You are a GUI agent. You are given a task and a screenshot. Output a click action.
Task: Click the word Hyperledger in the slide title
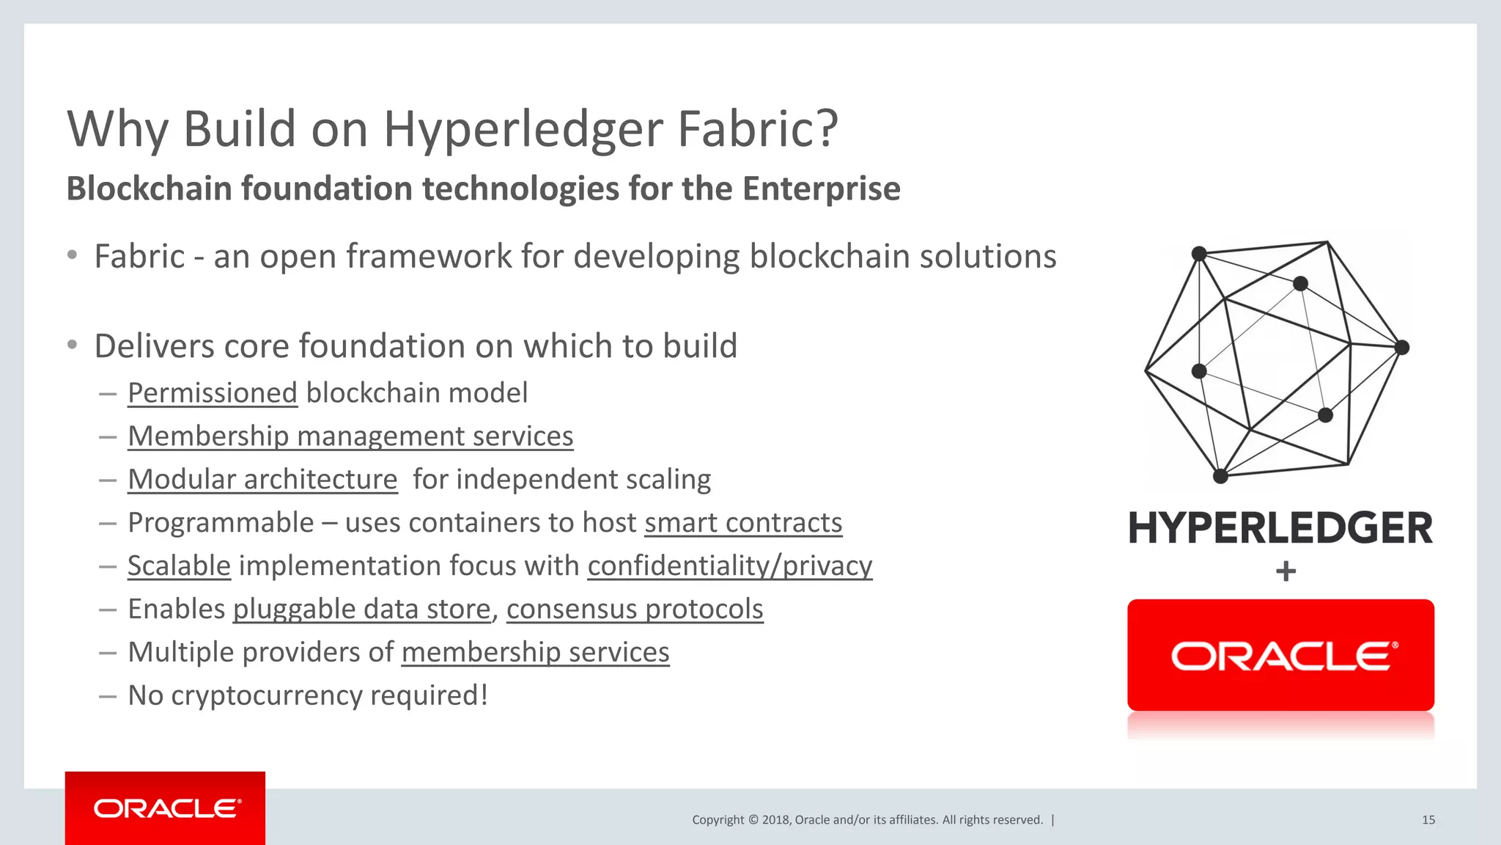(524, 130)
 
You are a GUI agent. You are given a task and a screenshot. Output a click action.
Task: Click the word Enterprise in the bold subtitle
(821, 189)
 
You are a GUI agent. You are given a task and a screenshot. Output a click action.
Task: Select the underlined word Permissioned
(212, 393)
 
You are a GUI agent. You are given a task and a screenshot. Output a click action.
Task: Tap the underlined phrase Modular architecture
(262, 480)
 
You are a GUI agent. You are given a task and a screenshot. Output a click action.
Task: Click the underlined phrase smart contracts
(743, 523)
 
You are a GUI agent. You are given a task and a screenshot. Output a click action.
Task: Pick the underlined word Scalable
(179, 566)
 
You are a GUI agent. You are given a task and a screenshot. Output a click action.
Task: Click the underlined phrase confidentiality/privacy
(729, 566)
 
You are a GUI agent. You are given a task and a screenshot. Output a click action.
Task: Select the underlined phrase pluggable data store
(361, 610)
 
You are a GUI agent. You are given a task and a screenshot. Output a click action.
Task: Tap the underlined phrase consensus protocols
(635, 610)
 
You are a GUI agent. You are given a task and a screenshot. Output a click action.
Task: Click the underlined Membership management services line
(350, 436)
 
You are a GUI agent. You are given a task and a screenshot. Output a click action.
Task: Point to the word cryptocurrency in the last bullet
(266, 695)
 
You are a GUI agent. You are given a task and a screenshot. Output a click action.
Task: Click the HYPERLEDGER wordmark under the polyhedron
(1280, 529)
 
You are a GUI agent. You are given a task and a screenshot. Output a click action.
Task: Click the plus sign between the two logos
(1286, 571)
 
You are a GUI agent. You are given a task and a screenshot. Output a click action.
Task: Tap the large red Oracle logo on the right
(1280, 656)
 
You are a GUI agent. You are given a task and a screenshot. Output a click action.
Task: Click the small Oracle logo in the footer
(166, 808)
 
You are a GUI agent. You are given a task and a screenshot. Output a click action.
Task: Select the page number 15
(1428, 820)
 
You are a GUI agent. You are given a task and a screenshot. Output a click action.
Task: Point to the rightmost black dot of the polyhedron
(1401, 348)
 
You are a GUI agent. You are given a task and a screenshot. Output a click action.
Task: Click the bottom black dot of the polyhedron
(1220, 477)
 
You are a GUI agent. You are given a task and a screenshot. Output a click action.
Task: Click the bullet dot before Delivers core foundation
(72, 345)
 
